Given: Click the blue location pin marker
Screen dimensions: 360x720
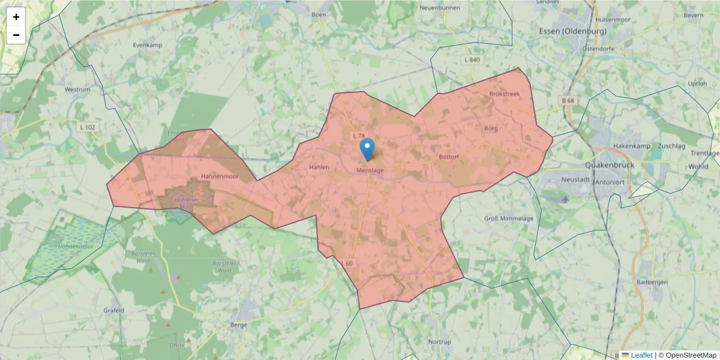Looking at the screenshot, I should [x=367, y=148].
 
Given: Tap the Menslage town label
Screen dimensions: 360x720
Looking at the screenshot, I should [x=370, y=170].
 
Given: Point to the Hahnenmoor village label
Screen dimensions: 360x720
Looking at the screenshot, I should [x=220, y=177].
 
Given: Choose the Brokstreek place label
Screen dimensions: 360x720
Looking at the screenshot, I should [x=504, y=94].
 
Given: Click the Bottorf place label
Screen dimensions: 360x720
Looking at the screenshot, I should [x=449, y=157].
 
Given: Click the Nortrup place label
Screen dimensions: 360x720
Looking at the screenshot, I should [x=440, y=342].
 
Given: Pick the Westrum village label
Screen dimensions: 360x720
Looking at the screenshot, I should [x=77, y=89].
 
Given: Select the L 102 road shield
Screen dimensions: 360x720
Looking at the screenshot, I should [x=88, y=127].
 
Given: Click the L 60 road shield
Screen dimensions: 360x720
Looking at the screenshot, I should [x=347, y=263].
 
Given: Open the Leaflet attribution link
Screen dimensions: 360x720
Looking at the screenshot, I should [x=641, y=355].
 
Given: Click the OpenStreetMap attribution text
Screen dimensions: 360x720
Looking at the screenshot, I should [x=691, y=355].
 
